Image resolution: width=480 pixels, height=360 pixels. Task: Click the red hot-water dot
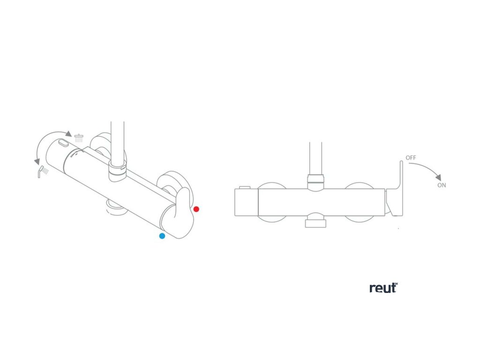[x=196, y=209]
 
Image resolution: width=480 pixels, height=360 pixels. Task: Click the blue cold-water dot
[x=162, y=236]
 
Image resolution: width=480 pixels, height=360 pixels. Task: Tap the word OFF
[x=411, y=158]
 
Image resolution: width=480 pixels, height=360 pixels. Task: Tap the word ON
[x=442, y=185]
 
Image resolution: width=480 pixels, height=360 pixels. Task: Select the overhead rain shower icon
[x=79, y=138]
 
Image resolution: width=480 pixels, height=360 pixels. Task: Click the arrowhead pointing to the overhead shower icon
[x=68, y=134]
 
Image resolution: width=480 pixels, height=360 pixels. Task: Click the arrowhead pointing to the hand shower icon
[x=37, y=161]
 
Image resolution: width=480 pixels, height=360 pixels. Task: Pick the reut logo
[x=383, y=287]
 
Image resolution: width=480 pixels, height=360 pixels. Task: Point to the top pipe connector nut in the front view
[x=315, y=179]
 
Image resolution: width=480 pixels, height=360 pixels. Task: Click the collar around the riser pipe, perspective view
[x=117, y=172]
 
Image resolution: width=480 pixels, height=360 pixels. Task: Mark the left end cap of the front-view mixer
[x=246, y=202]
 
